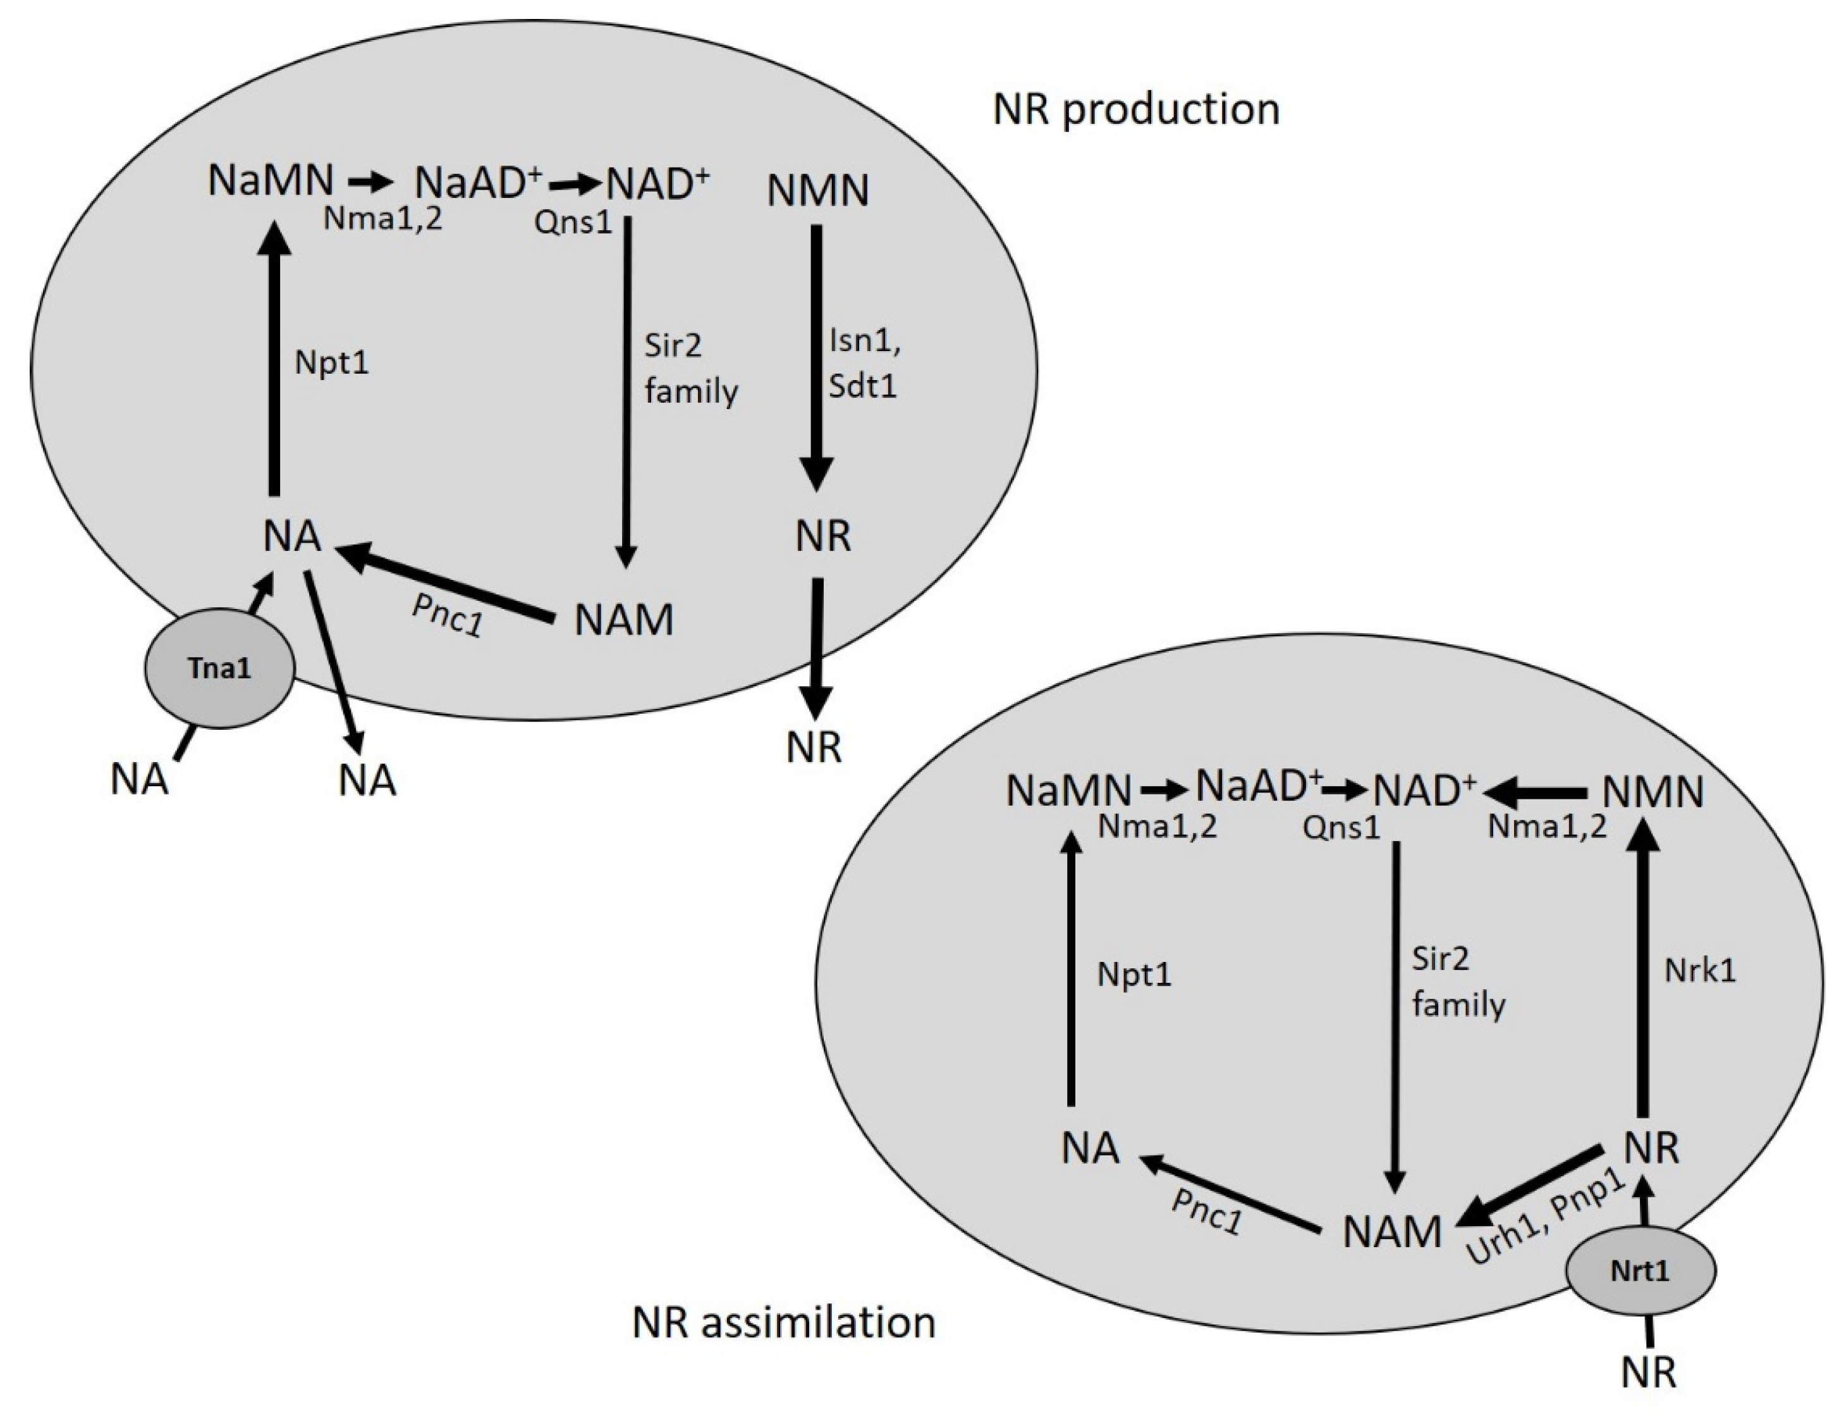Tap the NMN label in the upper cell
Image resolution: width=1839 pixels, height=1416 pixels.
817,190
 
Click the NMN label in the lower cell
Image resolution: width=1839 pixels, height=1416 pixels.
1652,792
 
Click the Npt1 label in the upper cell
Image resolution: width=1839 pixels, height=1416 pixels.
332,363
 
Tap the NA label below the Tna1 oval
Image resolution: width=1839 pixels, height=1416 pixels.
140,779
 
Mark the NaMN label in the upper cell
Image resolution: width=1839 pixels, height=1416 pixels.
271,180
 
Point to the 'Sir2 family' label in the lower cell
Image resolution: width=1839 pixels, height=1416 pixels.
1458,982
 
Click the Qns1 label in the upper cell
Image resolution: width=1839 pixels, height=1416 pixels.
573,223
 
